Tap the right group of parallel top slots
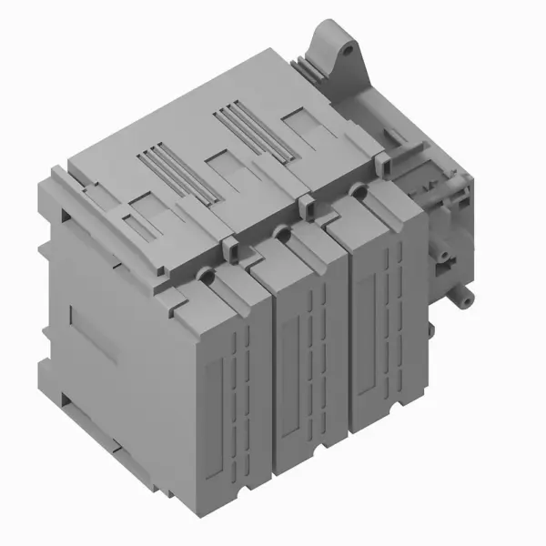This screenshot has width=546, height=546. (246, 127)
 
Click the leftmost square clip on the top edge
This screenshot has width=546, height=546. (229, 244)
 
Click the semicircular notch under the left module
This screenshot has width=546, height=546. (238, 494)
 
